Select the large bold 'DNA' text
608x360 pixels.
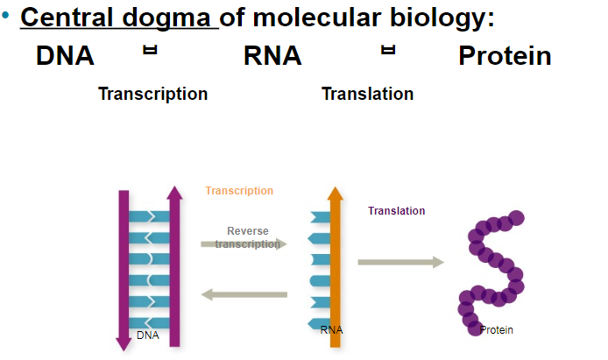(65, 56)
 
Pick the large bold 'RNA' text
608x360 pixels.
(272, 56)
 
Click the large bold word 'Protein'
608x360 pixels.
(504, 56)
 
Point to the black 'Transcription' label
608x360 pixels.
(152, 94)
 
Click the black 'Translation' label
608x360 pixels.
(368, 94)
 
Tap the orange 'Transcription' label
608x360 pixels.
(239, 191)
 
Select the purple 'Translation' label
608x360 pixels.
(396, 211)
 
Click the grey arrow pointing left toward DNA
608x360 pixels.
(244, 295)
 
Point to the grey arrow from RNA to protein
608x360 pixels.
(400, 261)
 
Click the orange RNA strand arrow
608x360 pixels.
(334, 263)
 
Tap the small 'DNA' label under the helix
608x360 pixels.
(148, 335)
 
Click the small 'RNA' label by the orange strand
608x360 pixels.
(331, 330)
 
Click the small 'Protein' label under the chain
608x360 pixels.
(496, 330)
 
